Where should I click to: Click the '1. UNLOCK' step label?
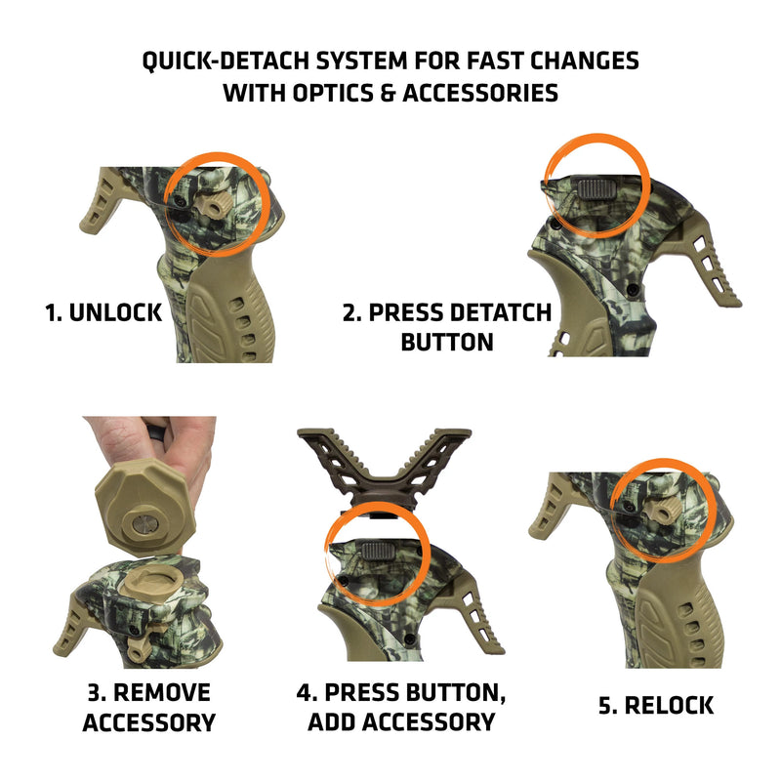pos(103,314)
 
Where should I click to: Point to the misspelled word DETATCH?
pos(501,314)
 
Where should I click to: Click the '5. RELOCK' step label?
pos(655,705)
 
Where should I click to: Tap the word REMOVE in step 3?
pos(162,693)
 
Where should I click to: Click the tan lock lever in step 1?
pos(212,203)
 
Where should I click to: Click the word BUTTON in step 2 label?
pos(447,344)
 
